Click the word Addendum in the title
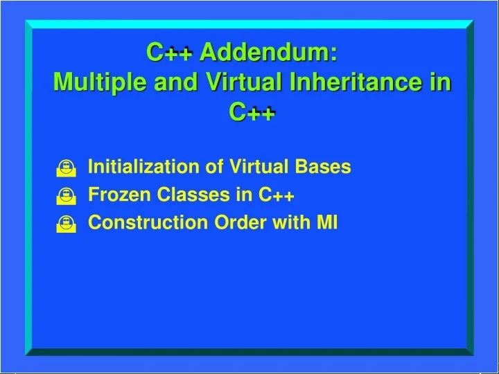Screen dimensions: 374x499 coord(270,52)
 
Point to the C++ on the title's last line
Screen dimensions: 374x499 coord(253,112)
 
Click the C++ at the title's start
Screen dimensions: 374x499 coord(168,52)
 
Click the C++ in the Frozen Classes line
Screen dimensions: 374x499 coord(277,195)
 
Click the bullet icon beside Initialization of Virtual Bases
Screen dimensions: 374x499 coord(65,168)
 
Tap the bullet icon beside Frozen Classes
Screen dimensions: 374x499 coord(65,197)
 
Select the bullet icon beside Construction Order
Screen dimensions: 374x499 coord(65,224)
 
